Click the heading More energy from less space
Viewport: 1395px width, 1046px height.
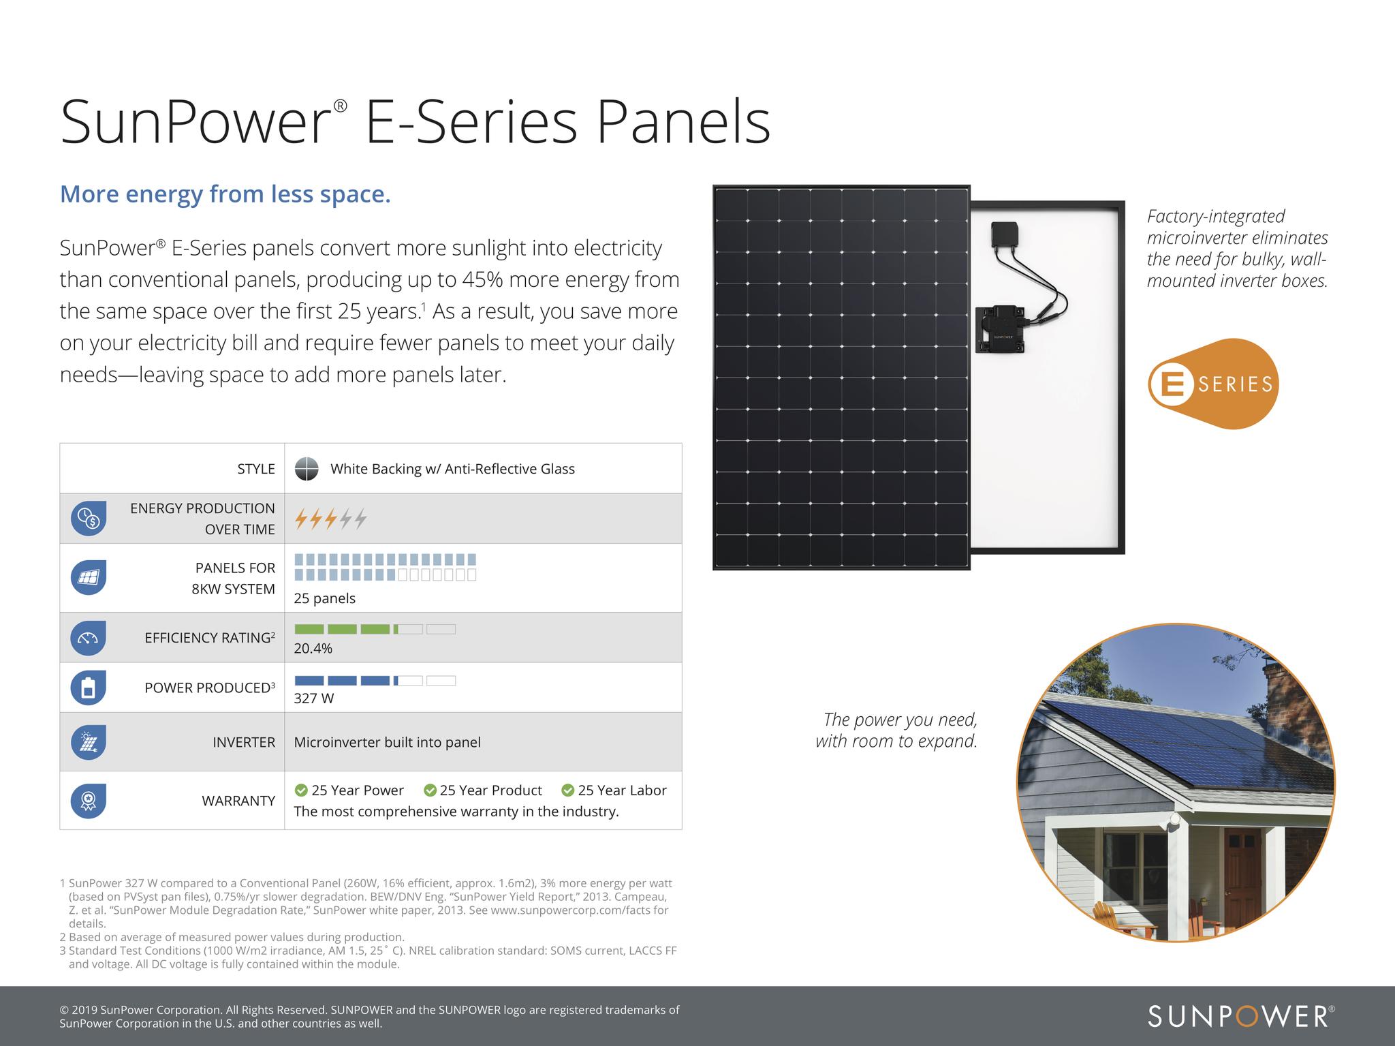coord(225,194)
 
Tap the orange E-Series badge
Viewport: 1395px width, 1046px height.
coord(1213,384)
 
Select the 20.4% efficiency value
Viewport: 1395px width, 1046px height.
coord(313,648)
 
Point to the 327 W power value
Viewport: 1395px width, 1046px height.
coord(313,698)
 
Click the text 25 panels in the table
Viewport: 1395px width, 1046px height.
coord(324,598)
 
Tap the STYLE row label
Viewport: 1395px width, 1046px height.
coord(255,469)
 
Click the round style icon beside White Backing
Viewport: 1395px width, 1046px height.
coord(307,469)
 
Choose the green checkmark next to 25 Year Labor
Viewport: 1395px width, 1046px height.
coord(567,790)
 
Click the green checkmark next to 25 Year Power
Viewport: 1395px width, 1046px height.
coord(301,790)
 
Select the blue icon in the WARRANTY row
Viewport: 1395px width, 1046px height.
coord(88,801)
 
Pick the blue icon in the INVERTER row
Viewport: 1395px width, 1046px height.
coord(88,742)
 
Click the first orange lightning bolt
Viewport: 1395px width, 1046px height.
coord(300,519)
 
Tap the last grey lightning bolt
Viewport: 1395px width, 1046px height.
coord(360,519)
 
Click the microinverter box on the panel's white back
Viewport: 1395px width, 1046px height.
coord(1001,329)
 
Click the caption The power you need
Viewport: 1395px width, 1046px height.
coord(900,720)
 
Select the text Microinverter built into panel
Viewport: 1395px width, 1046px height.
coord(387,742)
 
